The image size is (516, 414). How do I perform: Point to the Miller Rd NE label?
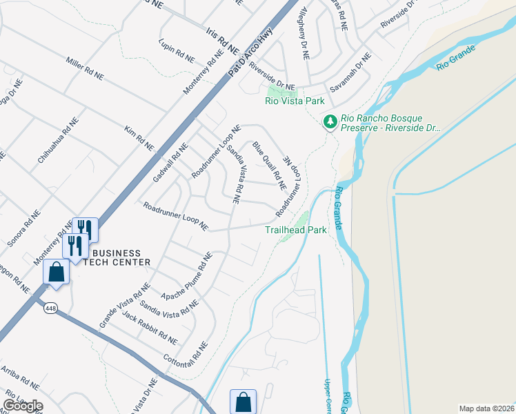click(x=84, y=66)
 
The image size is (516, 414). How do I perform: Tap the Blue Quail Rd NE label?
click(x=268, y=166)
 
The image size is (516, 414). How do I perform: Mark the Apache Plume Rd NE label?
click(x=186, y=276)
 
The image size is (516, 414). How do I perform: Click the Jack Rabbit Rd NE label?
click(x=149, y=328)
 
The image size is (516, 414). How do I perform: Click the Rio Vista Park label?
click(x=295, y=101)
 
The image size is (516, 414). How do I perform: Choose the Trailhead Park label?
click(x=295, y=230)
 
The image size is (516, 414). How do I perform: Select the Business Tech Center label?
click(x=117, y=257)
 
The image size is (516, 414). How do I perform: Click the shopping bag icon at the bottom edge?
click(x=242, y=402)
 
